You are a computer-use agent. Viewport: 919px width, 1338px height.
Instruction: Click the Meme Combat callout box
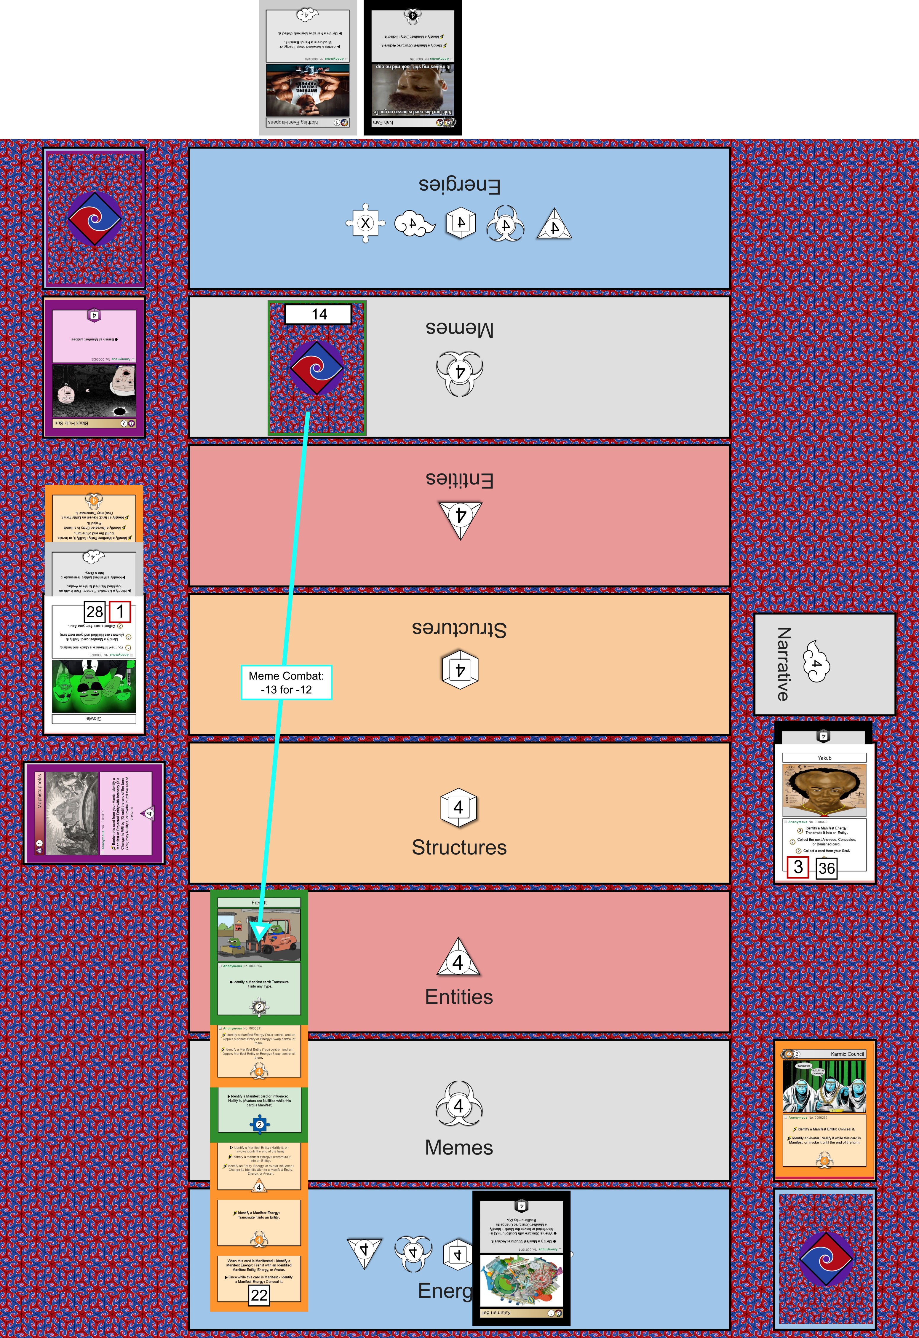(x=286, y=682)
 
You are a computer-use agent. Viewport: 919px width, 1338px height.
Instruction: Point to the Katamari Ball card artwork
(x=521, y=1280)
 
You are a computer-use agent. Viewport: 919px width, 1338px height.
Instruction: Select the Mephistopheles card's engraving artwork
(x=72, y=813)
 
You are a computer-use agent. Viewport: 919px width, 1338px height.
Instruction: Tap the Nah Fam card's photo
(x=412, y=89)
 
